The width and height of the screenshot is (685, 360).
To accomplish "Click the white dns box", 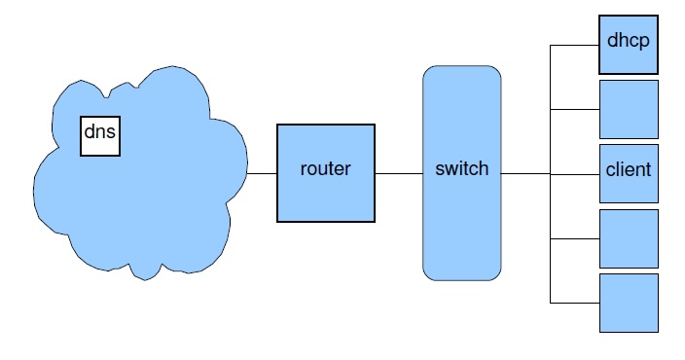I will tap(99, 136).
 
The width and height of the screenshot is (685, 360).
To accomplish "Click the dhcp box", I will tap(629, 44).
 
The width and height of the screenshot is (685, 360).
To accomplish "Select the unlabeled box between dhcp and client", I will tap(629, 109).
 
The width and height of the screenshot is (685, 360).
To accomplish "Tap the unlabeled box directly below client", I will tap(629, 238).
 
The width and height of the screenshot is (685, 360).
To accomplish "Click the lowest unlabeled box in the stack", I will tap(629, 303).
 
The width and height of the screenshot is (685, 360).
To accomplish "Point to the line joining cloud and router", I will tap(262, 173).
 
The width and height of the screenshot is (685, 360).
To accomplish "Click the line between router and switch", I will tap(399, 173).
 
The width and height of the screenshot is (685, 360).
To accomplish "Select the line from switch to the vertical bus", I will tap(525, 174).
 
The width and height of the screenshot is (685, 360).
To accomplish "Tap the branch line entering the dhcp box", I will tap(575, 45).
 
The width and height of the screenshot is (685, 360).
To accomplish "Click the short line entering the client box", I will tap(575, 174).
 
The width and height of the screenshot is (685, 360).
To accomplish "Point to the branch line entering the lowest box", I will tap(575, 304).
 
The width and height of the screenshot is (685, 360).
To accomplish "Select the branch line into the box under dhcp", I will tap(575, 109).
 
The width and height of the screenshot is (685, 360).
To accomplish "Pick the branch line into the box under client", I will tap(575, 238).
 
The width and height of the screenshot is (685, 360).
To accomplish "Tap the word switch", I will tap(461, 168).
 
